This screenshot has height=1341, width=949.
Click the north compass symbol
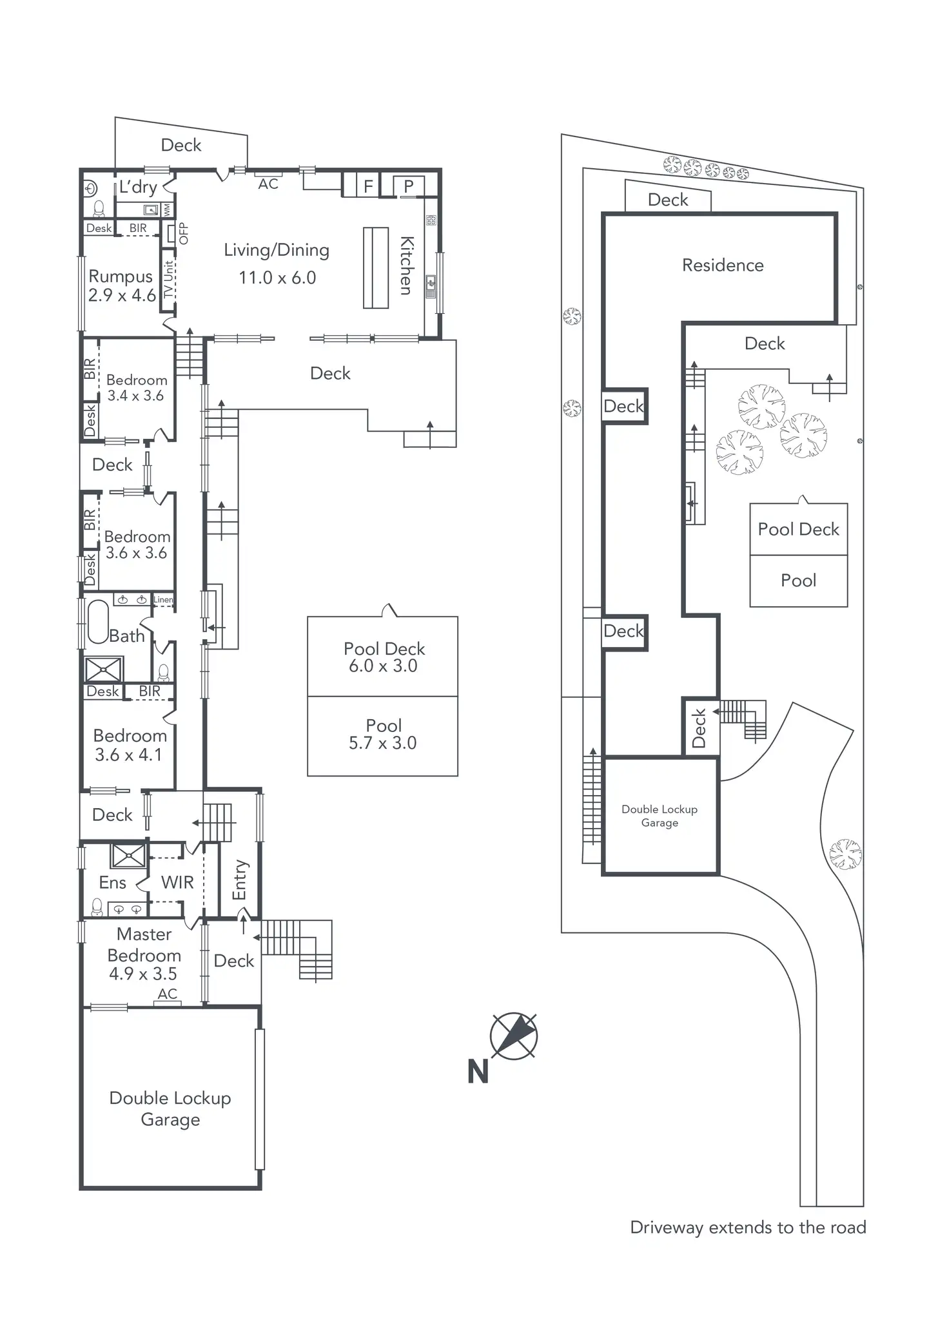tap(513, 1036)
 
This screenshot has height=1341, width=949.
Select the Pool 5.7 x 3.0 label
tap(383, 735)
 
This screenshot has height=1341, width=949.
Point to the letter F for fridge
tap(368, 187)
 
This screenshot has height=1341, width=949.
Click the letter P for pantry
tap(408, 187)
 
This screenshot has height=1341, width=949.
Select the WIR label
tap(177, 882)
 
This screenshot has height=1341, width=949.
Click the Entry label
tap(239, 879)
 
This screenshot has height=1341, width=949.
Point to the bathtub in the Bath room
tap(98, 622)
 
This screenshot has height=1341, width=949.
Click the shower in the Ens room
tap(128, 855)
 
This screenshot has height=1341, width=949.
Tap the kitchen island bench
tap(375, 267)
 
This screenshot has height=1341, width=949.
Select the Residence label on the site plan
tap(723, 265)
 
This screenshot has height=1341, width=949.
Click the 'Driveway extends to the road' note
tap(748, 1228)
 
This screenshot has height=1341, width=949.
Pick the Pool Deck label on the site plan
tap(798, 530)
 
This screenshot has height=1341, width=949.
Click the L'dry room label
tap(138, 188)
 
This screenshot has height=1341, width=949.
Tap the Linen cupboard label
tap(163, 599)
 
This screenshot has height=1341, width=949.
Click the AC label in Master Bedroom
tap(168, 994)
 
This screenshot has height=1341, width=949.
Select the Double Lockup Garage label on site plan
tap(660, 816)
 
